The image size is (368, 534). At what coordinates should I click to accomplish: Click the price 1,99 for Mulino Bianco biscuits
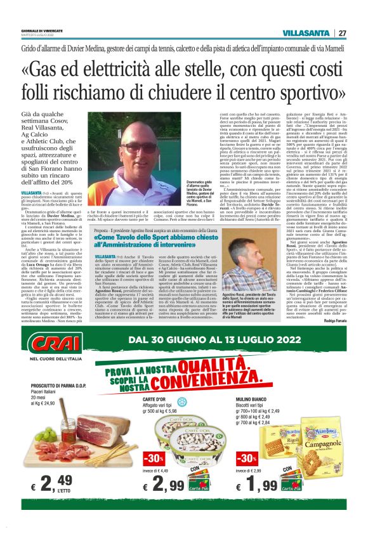(x=261, y=485)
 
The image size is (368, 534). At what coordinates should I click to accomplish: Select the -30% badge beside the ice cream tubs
(x=154, y=459)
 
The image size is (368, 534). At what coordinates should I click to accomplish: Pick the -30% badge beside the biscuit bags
(x=246, y=459)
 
